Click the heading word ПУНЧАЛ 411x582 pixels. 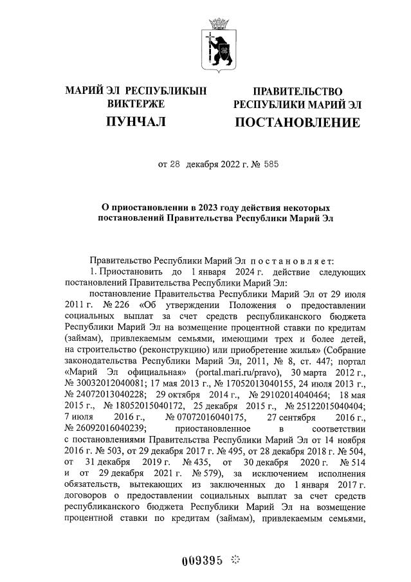(x=136, y=122)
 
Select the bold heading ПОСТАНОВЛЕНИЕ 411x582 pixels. (x=297, y=122)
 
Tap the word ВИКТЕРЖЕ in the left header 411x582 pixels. (x=136, y=104)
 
